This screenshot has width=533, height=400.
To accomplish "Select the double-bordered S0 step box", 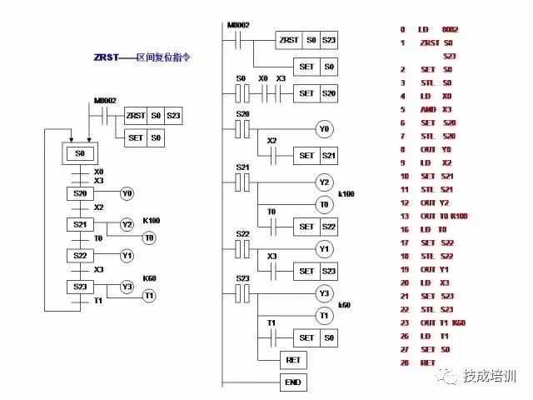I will tap(80, 154).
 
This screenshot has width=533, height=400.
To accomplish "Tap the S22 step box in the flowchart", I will tap(80, 254).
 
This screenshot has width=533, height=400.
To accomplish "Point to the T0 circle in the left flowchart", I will tap(149, 238).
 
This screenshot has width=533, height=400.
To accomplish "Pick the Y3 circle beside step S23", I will tap(127, 287).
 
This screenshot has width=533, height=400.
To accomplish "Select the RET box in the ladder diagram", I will tap(293, 360).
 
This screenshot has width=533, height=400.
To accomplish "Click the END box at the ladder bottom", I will tap(293, 382).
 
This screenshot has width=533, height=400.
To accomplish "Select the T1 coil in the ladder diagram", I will tap(323, 315).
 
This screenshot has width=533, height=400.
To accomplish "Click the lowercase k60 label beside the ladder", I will tap(344, 305).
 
